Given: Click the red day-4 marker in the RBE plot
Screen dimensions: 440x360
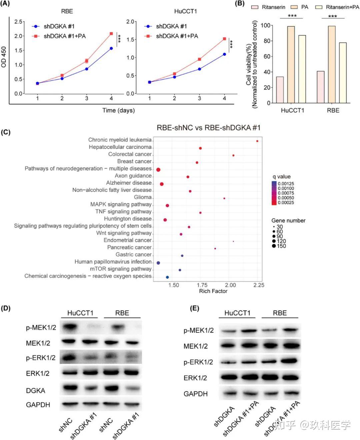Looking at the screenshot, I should (111, 34).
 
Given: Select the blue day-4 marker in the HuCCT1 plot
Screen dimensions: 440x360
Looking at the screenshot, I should (224, 54).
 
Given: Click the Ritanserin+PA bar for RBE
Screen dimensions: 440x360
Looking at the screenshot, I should (342, 73).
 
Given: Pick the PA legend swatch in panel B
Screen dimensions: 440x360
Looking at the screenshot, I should (294, 7).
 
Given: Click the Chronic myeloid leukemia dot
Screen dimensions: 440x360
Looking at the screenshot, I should (257, 141).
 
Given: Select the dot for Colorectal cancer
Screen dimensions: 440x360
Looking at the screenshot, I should (233, 155).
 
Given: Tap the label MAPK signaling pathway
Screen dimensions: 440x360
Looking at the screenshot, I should (121, 204).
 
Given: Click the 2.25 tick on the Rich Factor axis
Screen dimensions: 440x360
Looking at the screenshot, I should (259, 285).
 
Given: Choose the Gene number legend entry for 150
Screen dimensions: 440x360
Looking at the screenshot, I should (279, 246).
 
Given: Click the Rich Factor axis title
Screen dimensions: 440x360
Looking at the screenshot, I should (213, 291).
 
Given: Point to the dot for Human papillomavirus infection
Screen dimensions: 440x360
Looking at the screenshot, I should (158, 263).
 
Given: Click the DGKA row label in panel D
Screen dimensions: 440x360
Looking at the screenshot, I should (35, 390).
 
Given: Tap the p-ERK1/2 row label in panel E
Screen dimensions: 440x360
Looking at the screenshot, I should (198, 362).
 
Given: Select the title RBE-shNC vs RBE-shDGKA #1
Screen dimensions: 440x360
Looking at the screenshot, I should (209, 128).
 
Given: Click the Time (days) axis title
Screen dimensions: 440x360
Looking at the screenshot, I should (118, 110).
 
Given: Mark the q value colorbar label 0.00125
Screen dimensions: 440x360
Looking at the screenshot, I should (286, 184).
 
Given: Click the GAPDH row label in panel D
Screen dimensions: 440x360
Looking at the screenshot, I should (38, 405).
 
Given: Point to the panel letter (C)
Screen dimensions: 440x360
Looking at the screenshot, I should (6, 132).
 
